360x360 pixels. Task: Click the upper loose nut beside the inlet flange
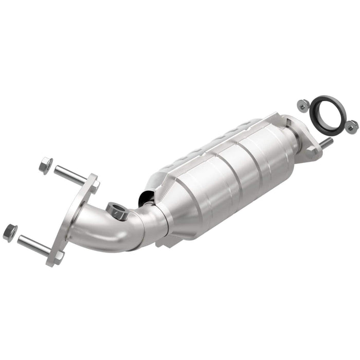point(45,166)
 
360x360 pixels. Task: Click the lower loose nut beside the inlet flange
point(10,232)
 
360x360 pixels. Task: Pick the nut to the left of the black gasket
point(302,105)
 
